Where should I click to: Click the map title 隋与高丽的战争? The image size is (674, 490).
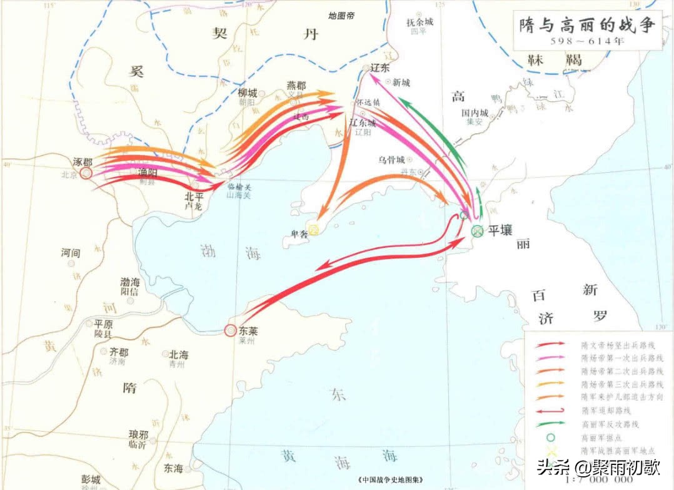[x=587, y=25]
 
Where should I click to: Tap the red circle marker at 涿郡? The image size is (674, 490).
[x=86, y=173]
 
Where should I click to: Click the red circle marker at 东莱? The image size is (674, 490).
[x=231, y=330]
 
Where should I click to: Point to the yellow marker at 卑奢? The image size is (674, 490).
[x=314, y=230]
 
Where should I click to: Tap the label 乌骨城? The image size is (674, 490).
[x=391, y=160]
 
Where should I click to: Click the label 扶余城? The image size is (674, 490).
[x=420, y=21]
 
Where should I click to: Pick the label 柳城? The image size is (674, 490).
[x=248, y=92]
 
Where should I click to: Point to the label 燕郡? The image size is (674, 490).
[x=296, y=85]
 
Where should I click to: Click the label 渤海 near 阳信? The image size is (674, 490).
[x=130, y=282]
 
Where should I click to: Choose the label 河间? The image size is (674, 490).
[x=71, y=253]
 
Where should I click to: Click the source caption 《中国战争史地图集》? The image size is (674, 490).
[x=393, y=480]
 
